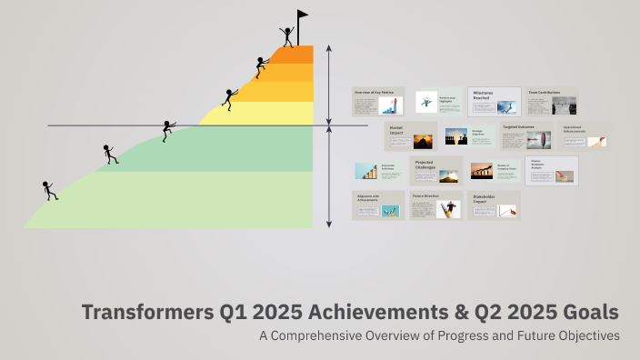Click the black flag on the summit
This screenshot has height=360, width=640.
[x=302, y=15]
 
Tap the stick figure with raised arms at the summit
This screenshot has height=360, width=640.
[x=287, y=36]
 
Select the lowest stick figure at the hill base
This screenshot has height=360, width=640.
[x=49, y=191]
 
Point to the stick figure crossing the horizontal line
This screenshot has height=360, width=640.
[x=167, y=131]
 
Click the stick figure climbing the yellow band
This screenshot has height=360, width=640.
[x=229, y=98]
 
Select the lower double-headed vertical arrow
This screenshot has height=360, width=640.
[x=329, y=177]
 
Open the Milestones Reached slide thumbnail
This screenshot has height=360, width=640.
[x=495, y=101]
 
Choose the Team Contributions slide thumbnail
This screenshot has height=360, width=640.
[x=551, y=101]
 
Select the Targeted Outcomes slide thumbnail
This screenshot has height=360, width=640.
[x=525, y=136]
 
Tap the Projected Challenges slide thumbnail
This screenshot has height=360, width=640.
[x=435, y=170]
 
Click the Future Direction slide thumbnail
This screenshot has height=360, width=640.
[x=435, y=205]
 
